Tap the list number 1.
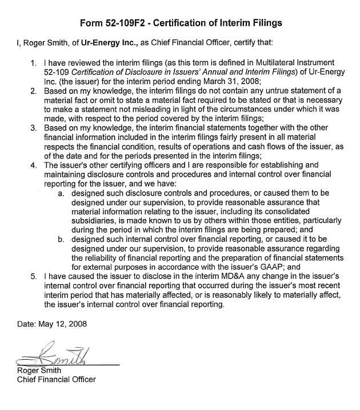pyautogui.click(x=34, y=61)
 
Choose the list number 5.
pyautogui.click(x=34, y=276)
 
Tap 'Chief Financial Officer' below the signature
pyautogui.click(x=56, y=379)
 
